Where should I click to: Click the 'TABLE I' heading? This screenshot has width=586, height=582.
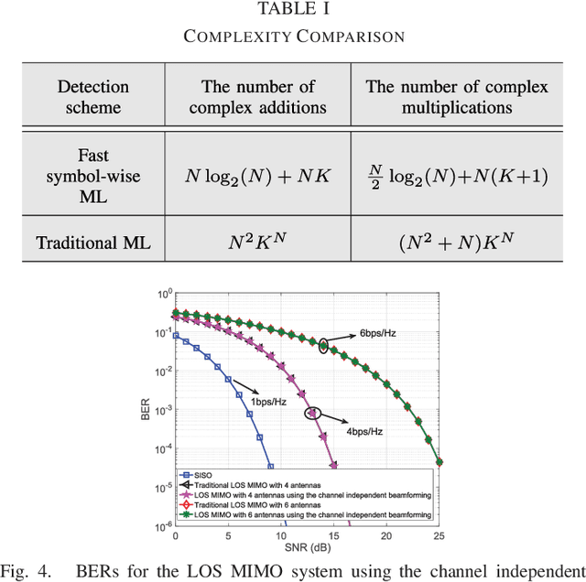click(293, 10)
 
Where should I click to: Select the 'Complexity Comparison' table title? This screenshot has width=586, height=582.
click(293, 37)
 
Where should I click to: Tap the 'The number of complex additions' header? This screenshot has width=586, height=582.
click(257, 97)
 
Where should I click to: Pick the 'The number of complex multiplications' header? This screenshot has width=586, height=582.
click(456, 97)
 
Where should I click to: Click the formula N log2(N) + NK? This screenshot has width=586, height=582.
click(257, 177)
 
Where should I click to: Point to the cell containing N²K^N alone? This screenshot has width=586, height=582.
click(257, 242)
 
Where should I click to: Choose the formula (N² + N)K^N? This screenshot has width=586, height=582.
click(456, 242)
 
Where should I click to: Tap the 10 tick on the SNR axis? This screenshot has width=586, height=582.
click(281, 536)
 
